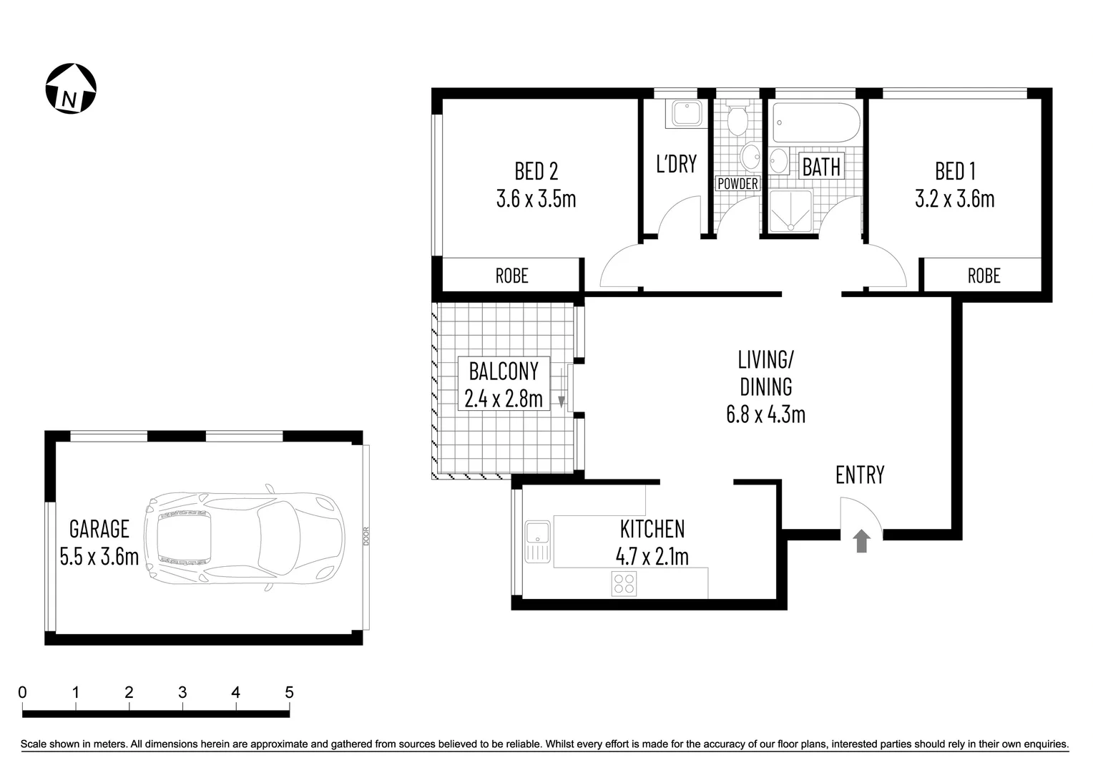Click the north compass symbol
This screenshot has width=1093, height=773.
tap(71, 89)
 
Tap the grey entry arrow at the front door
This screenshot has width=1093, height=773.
tap(861, 540)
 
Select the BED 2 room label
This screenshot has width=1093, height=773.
tap(536, 171)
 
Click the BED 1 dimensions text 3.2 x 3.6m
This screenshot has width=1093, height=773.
tap(954, 198)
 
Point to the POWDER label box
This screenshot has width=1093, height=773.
tap(737, 184)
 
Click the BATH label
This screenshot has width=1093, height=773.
tap(821, 167)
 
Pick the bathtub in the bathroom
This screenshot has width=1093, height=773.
tap(815, 125)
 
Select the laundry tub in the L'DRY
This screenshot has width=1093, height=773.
tap(685, 114)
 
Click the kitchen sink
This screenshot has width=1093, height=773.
tap(536, 542)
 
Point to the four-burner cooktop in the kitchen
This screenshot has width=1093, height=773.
tap(624, 583)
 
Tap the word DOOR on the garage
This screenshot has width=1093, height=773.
tap(366, 537)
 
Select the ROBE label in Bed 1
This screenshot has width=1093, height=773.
tap(984, 276)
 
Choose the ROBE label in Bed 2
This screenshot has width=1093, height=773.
tap(511, 276)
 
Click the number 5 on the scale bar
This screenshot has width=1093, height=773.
tap(289, 692)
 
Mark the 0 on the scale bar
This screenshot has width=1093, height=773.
tap(23, 692)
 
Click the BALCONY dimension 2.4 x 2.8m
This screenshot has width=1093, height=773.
tap(503, 398)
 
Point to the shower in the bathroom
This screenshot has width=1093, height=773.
tap(790, 211)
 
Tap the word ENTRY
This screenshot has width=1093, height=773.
tap(860, 475)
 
